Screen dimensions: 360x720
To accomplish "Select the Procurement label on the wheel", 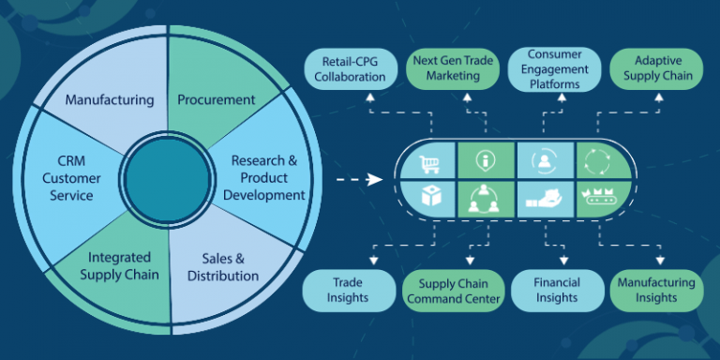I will coord(217,98).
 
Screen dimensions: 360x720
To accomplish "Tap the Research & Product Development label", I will coord(268,177).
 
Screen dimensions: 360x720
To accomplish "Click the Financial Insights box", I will coord(557,290).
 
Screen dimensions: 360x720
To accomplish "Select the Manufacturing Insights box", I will coord(655,290).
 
